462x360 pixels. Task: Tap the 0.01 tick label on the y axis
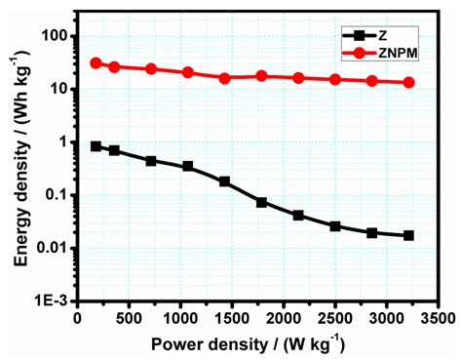[x=48, y=248]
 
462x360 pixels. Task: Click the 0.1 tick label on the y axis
[x=53, y=195]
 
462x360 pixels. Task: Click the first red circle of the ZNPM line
[x=96, y=62]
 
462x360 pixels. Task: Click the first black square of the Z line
[x=96, y=146]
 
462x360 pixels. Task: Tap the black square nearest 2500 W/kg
[x=335, y=226]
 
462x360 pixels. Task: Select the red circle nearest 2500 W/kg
[x=335, y=79]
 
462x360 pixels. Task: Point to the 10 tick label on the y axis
[x=54, y=89]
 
